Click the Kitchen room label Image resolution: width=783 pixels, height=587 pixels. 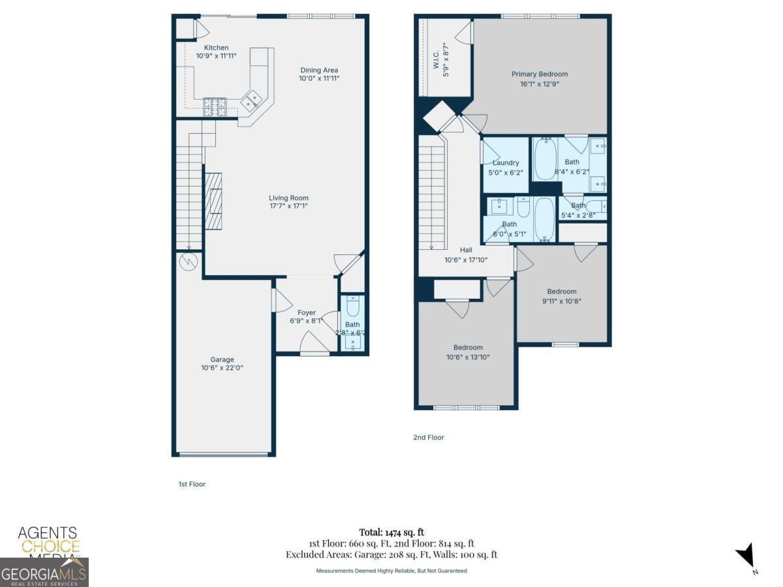click(x=216, y=48)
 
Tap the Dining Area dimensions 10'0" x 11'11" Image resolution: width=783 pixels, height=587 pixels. click(x=319, y=78)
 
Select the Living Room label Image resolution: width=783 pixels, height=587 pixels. click(x=288, y=198)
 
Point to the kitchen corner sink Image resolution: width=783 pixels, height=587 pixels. click(x=251, y=101)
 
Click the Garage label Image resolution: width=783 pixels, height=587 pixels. click(x=222, y=359)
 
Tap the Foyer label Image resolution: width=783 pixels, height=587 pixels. click(x=306, y=312)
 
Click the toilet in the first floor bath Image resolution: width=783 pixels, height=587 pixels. click(x=353, y=305)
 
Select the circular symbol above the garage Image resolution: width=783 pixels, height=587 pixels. click(x=189, y=262)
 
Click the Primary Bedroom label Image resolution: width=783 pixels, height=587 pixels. click(x=539, y=74)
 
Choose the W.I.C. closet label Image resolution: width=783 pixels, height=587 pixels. click(x=437, y=60)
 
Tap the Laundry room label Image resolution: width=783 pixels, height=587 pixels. click(x=506, y=163)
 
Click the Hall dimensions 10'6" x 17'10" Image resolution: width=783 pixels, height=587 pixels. click(x=466, y=259)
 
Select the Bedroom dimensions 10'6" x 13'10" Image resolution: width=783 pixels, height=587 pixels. click(x=468, y=357)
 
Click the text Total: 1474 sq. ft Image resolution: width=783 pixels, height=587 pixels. click(x=391, y=532)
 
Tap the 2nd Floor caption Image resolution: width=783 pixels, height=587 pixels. click(x=428, y=438)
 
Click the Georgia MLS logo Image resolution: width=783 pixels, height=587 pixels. click(x=44, y=573)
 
